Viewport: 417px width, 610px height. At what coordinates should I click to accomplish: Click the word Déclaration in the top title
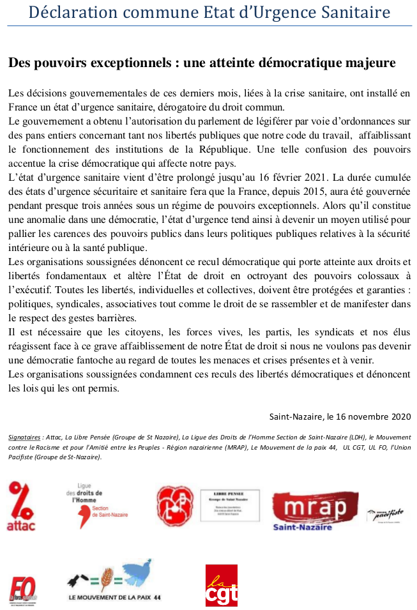70,12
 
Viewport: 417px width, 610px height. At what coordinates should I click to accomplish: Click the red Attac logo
21,507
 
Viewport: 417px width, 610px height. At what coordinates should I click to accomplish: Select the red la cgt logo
221,585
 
